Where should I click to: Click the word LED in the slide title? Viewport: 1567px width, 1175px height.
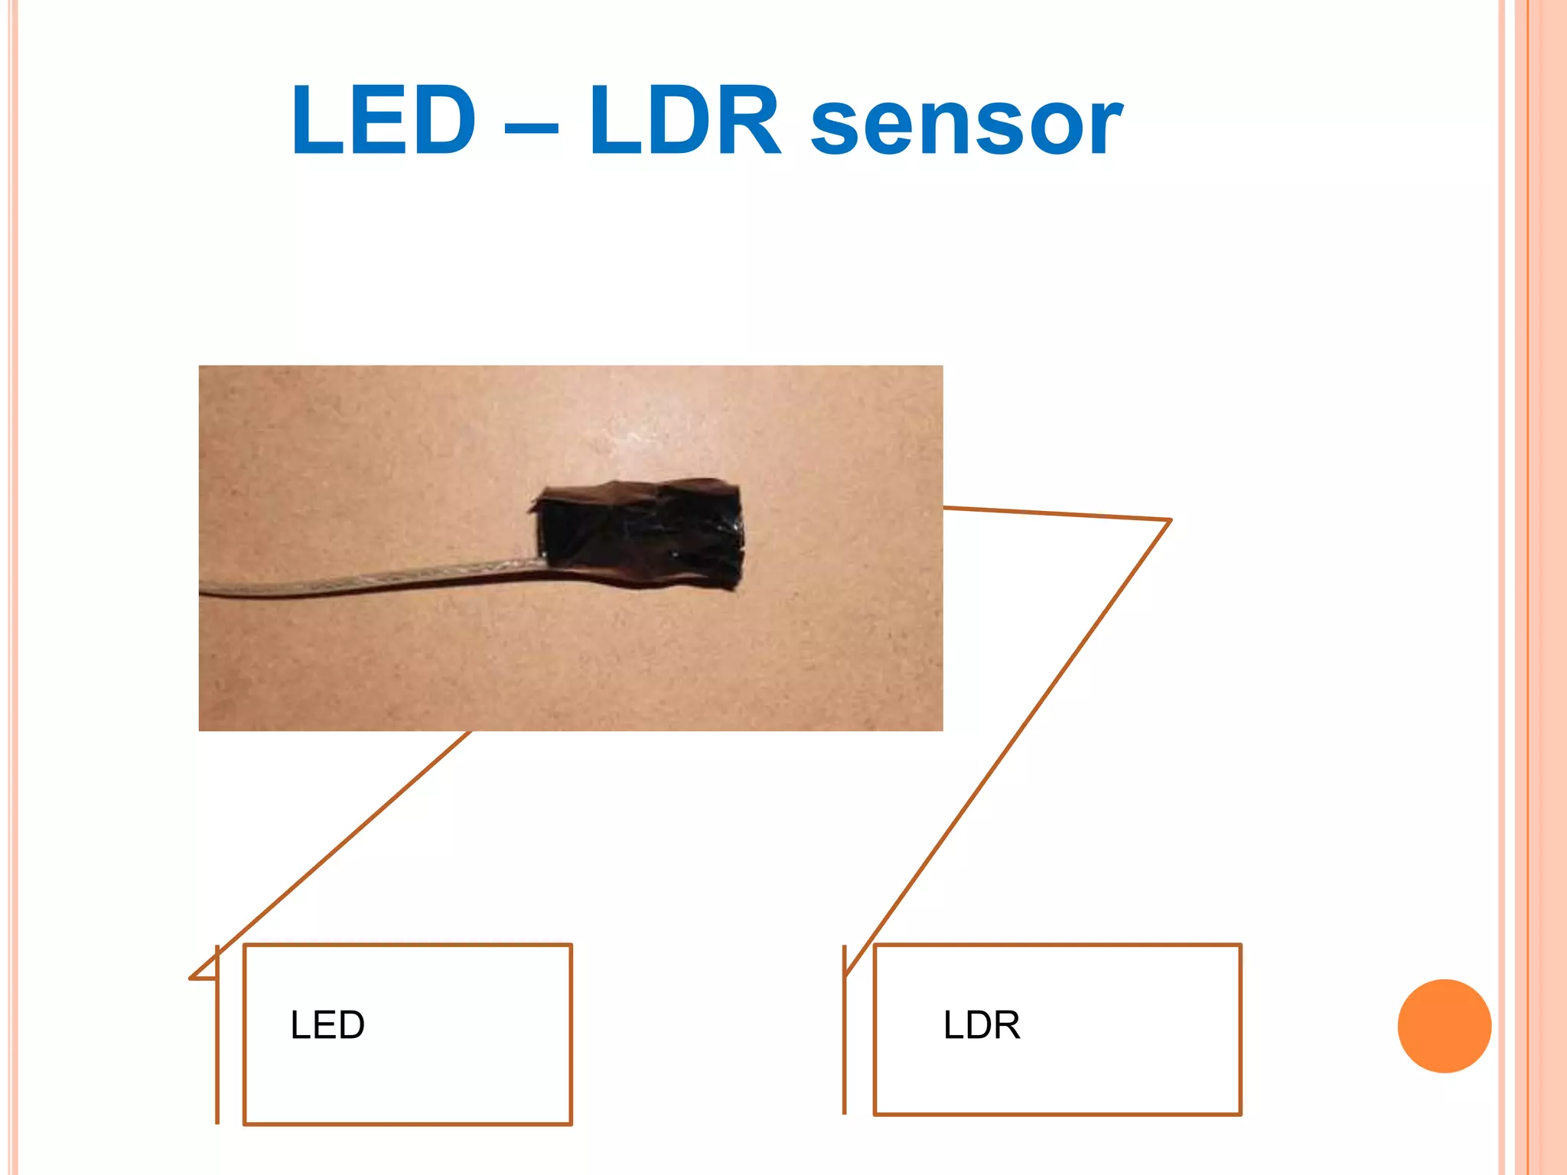click(x=383, y=121)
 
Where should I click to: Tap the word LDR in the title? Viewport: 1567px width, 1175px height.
click(x=685, y=121)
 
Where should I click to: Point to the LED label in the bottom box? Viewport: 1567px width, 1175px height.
click(x=327, y=1025)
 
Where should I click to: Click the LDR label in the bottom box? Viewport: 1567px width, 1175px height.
click(x=982, y=1025)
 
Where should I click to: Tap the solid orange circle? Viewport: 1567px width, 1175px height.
click(x=1444, y=1026)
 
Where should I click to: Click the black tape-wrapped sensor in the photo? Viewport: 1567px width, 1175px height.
click(x=639, y=534)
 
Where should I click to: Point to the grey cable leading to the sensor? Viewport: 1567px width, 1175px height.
click(x=367, y=579)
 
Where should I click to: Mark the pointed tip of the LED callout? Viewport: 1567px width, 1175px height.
click(x=191, y=977)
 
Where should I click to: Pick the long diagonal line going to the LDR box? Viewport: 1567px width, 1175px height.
click(x=1010, y=746)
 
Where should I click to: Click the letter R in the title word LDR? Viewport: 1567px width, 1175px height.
click(x=750, y=121)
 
